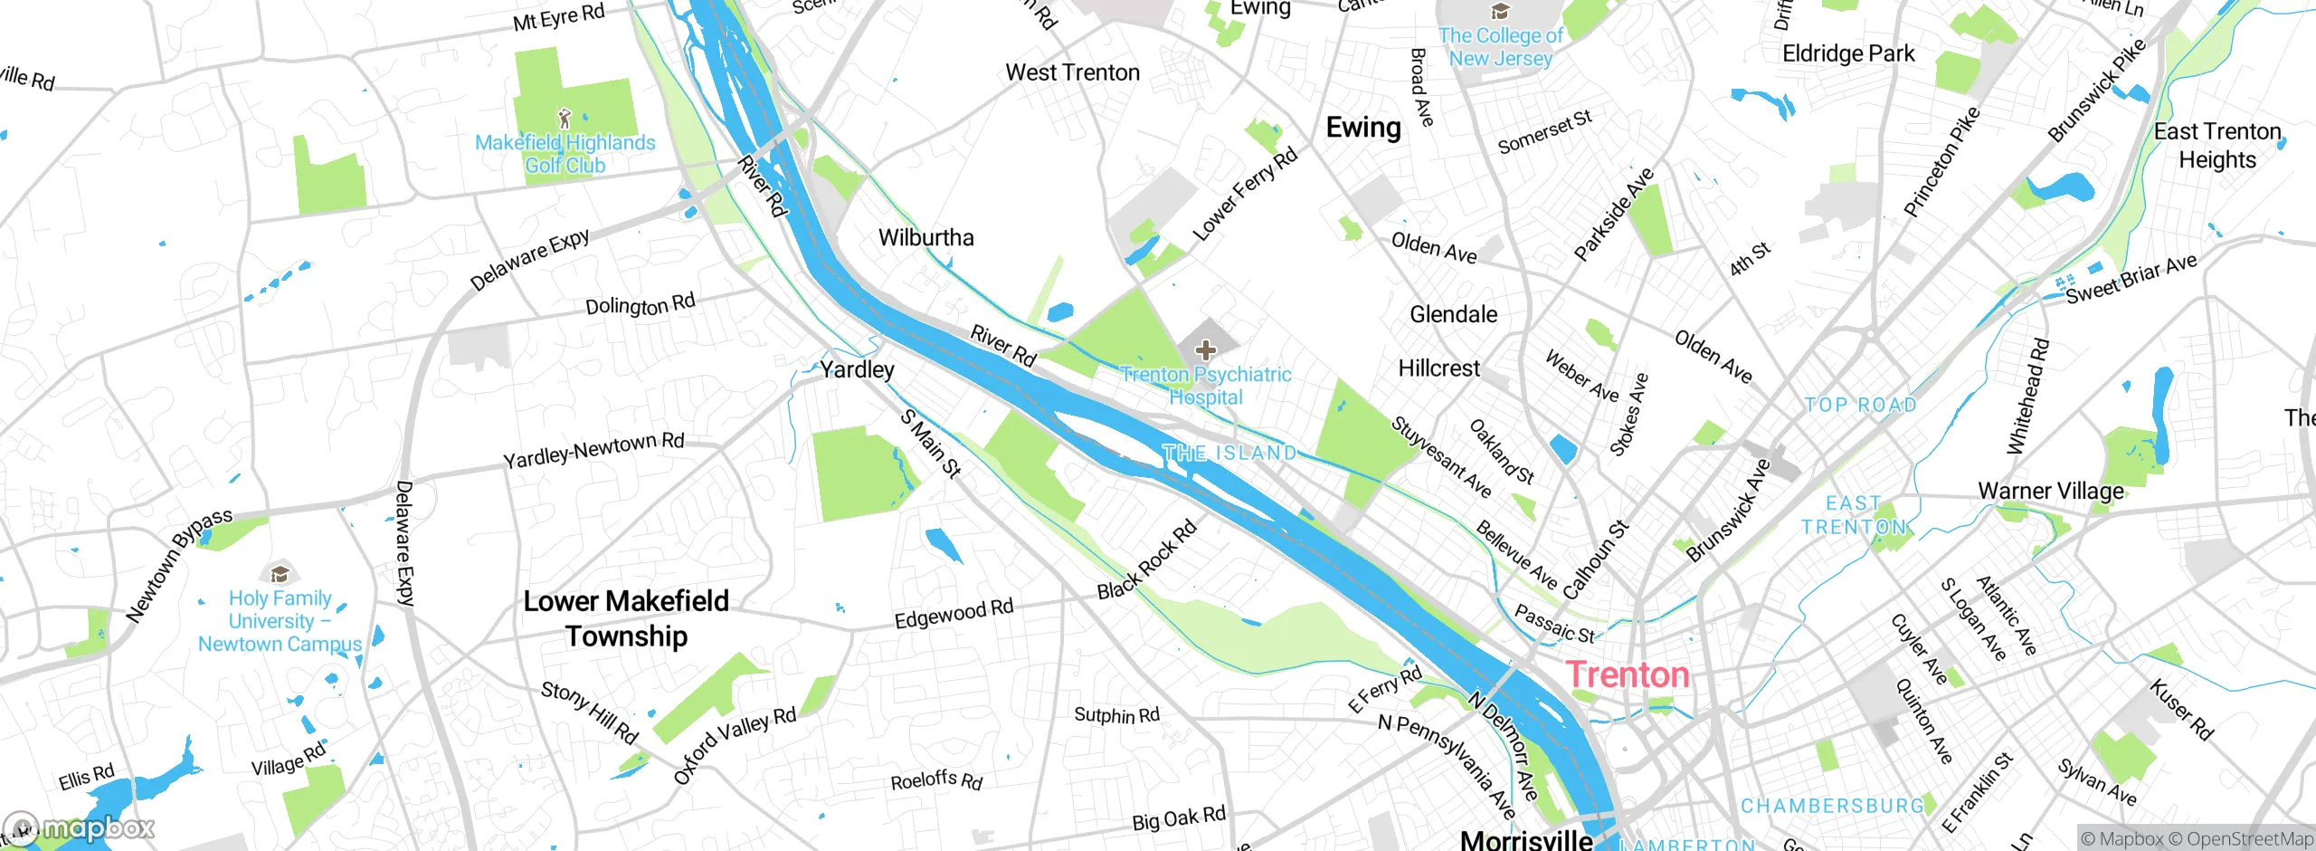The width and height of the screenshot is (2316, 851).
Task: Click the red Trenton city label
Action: pos(1627,675)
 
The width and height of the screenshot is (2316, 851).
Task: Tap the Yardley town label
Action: pos(857,369)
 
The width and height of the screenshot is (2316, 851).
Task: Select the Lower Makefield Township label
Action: pos(626,618)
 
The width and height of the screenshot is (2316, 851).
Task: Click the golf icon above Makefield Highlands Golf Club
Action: pos(565,118)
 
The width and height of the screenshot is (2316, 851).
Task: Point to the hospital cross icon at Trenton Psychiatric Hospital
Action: pos(1205,349)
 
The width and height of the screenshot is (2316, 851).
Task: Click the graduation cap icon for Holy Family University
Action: pos(280,574)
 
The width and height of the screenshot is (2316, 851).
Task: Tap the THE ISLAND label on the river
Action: pos(1229,453)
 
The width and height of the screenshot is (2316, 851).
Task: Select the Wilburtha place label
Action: pos(925,238)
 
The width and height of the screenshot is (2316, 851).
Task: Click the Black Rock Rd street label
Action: pos(1146,560)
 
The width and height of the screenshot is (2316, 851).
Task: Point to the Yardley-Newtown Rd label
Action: pos(593,450)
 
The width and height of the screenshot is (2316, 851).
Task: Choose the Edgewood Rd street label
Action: pos(954,614)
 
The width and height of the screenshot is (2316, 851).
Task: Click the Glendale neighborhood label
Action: pos(1453,314)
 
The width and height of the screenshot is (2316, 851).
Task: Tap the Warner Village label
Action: pos(2050,492)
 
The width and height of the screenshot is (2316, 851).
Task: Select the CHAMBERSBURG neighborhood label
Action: pos(1832,806)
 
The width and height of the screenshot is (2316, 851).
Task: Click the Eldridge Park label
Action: pos(1847,53)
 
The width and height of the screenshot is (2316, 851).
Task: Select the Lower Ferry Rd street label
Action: pos(1245,195)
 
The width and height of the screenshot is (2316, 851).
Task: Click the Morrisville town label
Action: pos(1526,839)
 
